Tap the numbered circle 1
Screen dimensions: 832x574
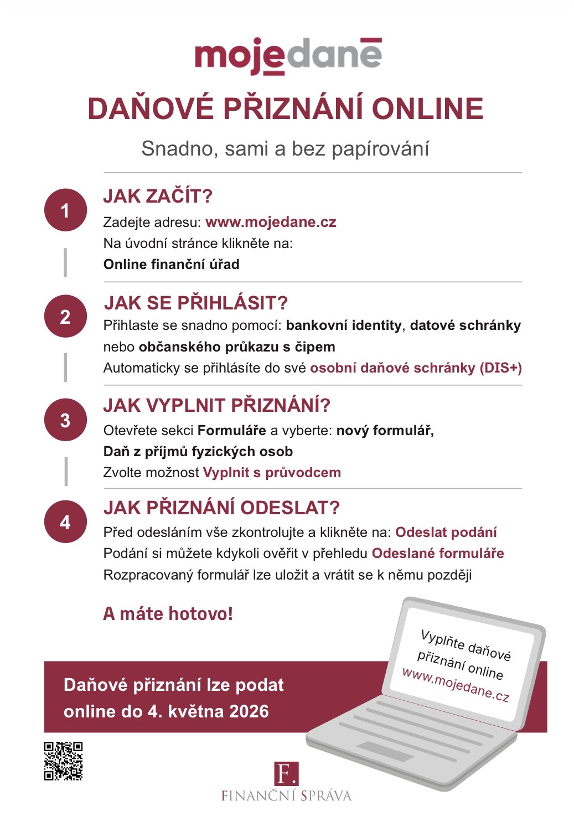tap(65, 210)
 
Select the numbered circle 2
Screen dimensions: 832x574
tap(65, 316)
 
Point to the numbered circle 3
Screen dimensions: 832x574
tap(65, 420)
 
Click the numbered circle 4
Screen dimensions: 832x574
tap(65, 522)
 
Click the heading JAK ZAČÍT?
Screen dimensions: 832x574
tap(158, 196)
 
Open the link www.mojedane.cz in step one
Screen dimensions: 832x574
tap(271, 222)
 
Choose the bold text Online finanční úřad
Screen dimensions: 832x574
tap(171, 265)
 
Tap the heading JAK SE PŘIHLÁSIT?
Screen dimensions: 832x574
tap(196, 303)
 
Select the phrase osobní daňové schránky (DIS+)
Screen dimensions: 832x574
tap(416, 368)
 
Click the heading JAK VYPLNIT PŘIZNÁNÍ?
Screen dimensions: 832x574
tap(216, 405)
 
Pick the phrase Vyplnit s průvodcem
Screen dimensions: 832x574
tap(272, 473)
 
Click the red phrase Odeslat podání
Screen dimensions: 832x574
tap(446, 533)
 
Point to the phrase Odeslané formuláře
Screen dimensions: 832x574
tap(438, 554)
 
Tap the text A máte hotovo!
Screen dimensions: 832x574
tap(168, 614)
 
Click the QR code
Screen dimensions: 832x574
tap(63, 761)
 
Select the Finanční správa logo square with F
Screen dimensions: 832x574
tap(286, 773)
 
